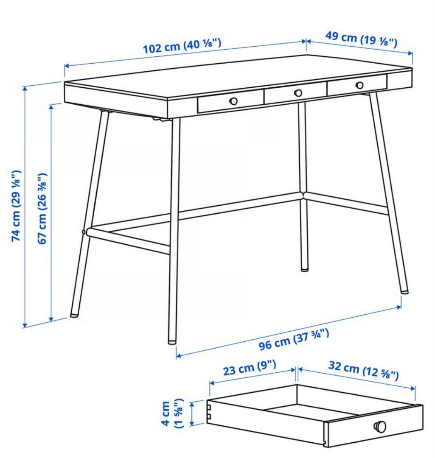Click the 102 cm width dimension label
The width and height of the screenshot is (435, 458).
point(182,46)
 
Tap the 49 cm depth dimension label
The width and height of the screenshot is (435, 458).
point(361,39)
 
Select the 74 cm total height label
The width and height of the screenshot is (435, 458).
point(16,206)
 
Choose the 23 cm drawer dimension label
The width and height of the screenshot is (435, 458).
point(250,369)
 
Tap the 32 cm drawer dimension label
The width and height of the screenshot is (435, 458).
point(363,371)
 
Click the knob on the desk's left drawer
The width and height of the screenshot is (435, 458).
point(233,101)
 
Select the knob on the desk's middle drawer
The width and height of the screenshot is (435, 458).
point(298,93)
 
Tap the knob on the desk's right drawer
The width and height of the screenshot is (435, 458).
point(360,85)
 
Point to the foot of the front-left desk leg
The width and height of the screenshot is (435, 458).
point(74,314)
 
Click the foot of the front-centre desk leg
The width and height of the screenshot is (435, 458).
point(172,340)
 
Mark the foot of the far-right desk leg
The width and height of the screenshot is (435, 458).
point(404,290)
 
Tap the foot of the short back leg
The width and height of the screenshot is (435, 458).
point(305,268)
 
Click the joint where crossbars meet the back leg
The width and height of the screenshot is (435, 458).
point(303,195)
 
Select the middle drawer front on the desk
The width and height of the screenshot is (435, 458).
point(295,93)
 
